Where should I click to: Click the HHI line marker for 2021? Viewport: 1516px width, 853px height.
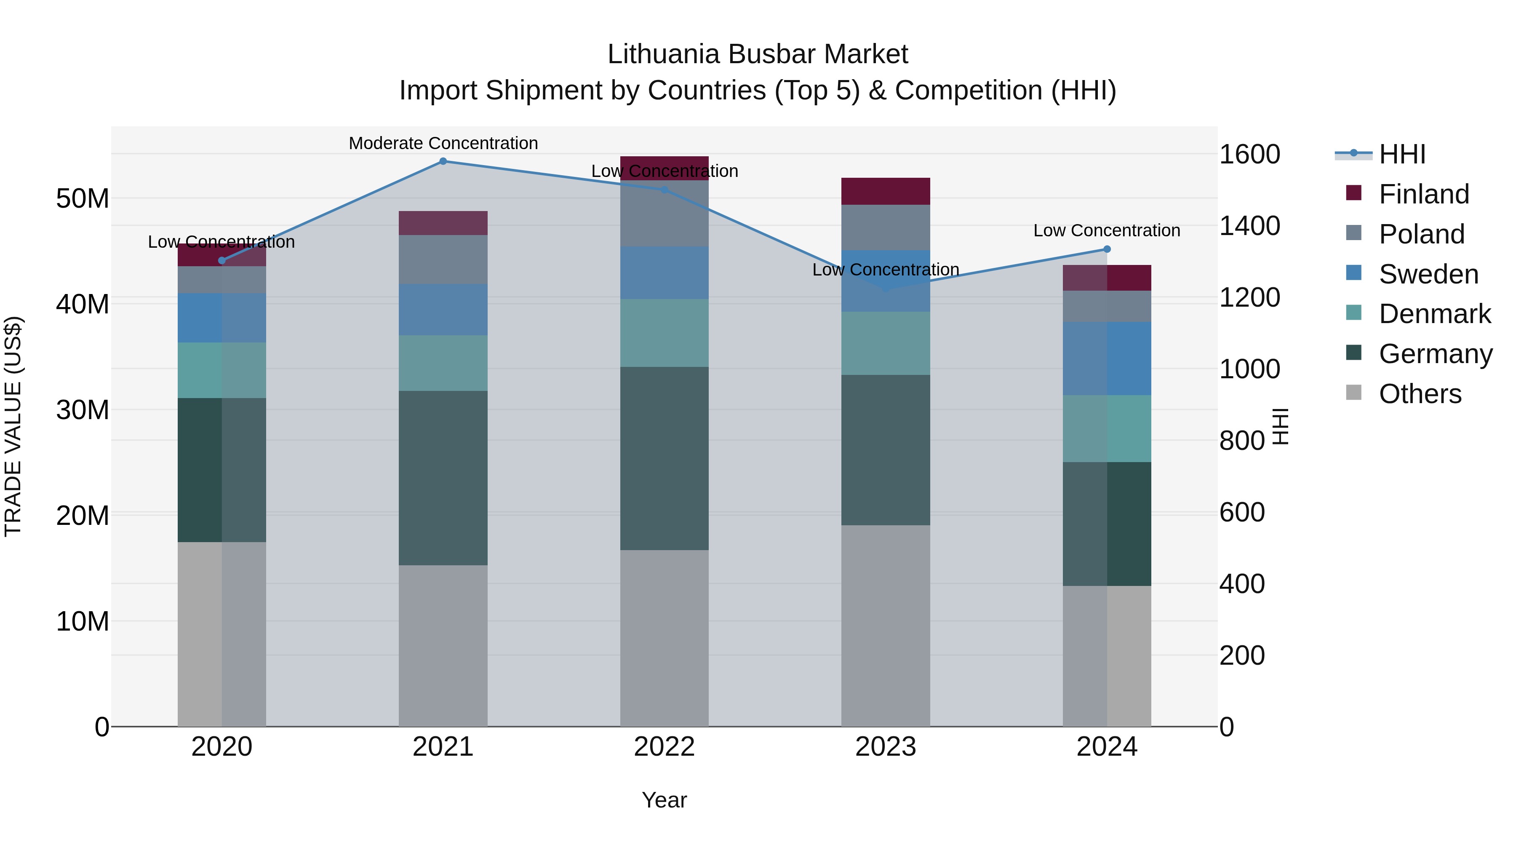[x=443, y=161]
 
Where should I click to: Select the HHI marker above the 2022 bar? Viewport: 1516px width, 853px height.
[x=664, y=190]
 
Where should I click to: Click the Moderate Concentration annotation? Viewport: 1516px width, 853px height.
[x=443, y=143]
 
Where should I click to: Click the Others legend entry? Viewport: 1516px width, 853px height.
[x=1420, y=394]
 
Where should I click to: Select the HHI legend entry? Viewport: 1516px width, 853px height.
[x=1402, y=154]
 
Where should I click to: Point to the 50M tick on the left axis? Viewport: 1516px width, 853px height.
[x=83, y=198]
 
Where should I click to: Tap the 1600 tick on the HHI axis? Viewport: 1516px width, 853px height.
[x=1249, y=154]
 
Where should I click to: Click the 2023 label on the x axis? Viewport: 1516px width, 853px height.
[x=885, y=747]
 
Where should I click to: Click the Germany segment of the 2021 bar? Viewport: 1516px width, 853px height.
[x=443, y=478]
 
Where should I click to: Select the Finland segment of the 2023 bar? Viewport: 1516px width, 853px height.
[x=885, y=191]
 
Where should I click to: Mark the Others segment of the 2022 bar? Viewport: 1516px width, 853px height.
[x=664, y=638]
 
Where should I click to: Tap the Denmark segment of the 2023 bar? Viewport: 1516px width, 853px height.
[x=885, y=343]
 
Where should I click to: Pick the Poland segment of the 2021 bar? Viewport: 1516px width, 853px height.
[x=443, y=259]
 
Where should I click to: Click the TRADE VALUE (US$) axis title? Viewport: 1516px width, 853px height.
[x=13, y=426]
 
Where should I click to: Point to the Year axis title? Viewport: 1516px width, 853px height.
[x=664, y=800]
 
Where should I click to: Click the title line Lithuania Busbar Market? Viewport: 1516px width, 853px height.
[x=758, y=54]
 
